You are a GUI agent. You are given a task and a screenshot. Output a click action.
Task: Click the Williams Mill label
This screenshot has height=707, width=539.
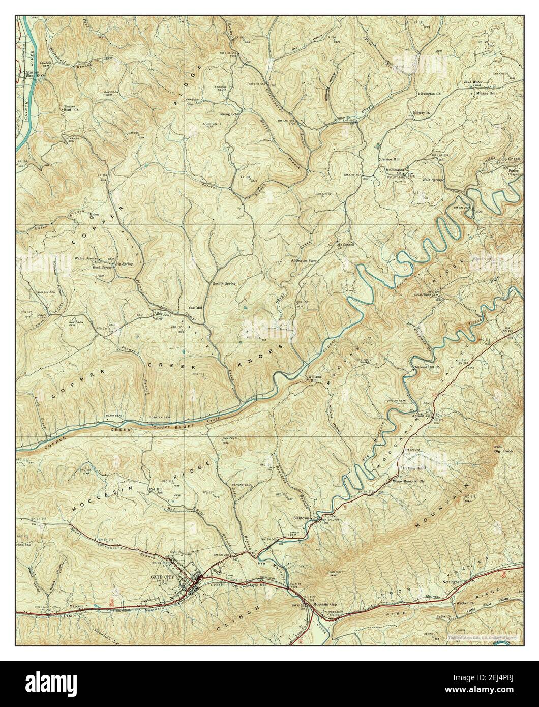point(313,379)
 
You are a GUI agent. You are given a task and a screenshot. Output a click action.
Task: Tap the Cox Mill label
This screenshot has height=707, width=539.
point(195,308)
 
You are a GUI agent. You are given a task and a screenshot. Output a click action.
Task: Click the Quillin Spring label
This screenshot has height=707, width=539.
point(224,283)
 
